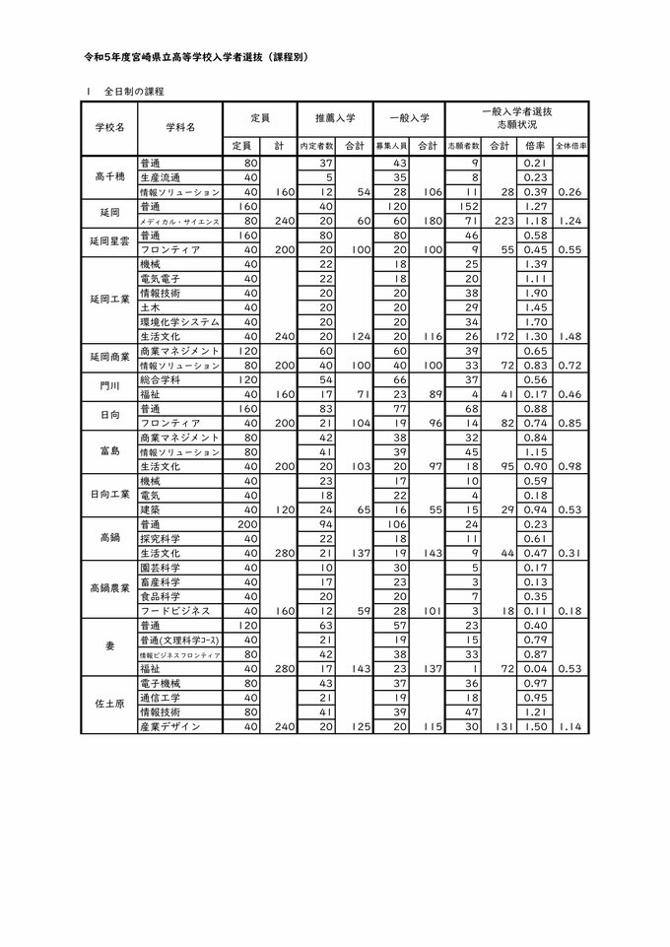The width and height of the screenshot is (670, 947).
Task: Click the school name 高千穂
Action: point(109,176)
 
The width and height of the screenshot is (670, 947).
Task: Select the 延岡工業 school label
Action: point(109,300)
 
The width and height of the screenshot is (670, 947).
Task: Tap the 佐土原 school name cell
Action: point(109,704)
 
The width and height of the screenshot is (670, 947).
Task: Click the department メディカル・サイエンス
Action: point(179,224)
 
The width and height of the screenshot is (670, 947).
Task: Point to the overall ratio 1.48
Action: point(573,337)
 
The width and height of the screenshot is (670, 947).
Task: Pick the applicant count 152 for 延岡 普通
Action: point(469,209)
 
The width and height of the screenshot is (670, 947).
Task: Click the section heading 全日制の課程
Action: point(133,92)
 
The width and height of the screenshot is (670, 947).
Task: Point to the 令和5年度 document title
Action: point(197,58)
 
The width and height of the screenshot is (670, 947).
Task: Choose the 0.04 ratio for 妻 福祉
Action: point(537,668)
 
